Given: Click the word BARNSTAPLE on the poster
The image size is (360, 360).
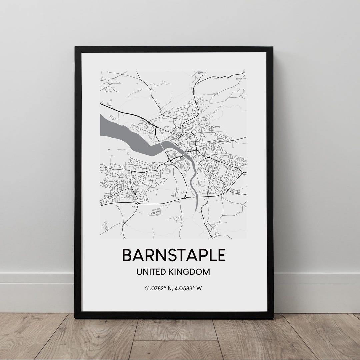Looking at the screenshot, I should point(174,255).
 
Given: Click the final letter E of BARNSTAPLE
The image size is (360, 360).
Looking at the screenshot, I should point(221,255).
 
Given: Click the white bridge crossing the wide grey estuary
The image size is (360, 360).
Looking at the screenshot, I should point(162,146).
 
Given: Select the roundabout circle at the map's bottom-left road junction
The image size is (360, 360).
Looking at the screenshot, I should point(137,203).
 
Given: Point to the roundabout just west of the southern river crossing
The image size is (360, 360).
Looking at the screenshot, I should point(185,197).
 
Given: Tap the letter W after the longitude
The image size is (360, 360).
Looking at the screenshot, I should point(199,288).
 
